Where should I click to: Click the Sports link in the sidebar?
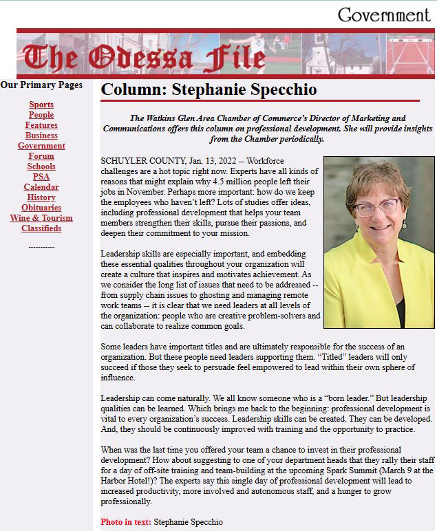click(x=41, y=105)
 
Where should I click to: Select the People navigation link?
click(x=41, y=115)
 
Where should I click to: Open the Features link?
click(x=41, y=125)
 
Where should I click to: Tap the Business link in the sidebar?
click(x=41, y=136)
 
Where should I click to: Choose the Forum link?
click(x=41, y=156)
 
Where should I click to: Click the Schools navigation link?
click(x=41, y=166)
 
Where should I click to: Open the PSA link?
click(x=41, y=177)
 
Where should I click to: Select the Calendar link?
click(x=41, y=187)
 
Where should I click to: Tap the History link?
click(x=41, y=197)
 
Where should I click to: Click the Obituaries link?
click(x=41, y=208)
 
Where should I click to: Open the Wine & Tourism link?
click(x=41, y=218)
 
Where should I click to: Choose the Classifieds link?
click(x=41, y=228)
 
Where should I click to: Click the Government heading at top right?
click(x=383, y=15)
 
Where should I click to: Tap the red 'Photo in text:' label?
click(x=126, y=522)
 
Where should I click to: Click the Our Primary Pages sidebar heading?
click(x=41, y=85)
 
